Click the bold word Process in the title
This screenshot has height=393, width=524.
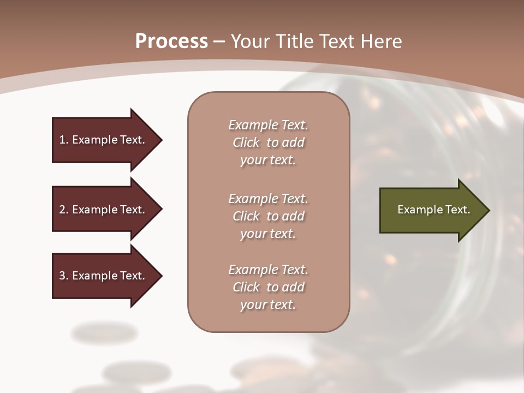(171, 41)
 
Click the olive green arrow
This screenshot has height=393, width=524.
(431, 210)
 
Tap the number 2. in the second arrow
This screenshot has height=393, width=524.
(64, 210)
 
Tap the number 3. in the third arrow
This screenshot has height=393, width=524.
(64, 276)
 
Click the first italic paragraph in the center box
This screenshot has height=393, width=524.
(268, 142)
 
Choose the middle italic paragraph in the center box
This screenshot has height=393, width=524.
(268, 216)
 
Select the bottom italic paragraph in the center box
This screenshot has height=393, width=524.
(268, 287)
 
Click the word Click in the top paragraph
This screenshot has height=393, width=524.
(246, 142)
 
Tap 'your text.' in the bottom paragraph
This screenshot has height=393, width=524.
(268, 305)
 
